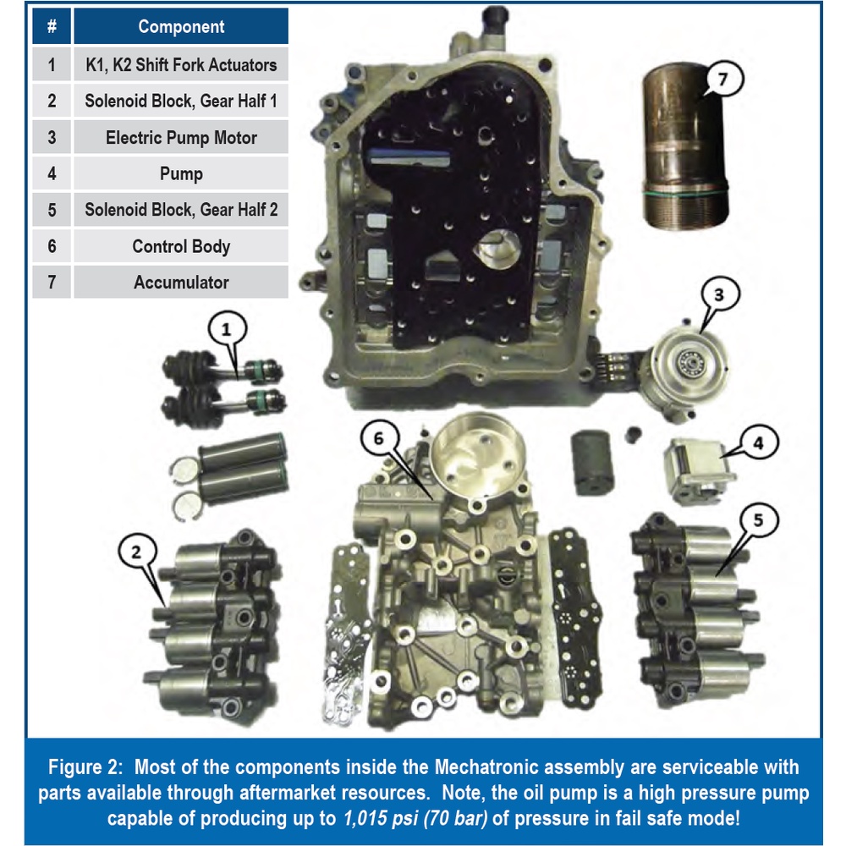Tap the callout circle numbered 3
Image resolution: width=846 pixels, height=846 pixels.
(718, 295)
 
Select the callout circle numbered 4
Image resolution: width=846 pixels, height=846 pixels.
(755, 442)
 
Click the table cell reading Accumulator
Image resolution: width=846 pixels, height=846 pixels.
(181, 283)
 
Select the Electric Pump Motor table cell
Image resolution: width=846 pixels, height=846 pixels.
(181, 137)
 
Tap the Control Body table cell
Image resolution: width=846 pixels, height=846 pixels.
(181, 246)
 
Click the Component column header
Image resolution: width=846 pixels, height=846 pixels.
(181, 26)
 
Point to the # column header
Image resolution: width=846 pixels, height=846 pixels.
(52, 26)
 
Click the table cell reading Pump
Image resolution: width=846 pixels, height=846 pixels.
(181, 173)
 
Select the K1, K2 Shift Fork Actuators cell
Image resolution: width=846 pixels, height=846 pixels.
(181, 64)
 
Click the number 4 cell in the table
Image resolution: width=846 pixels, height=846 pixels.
(52, 173)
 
